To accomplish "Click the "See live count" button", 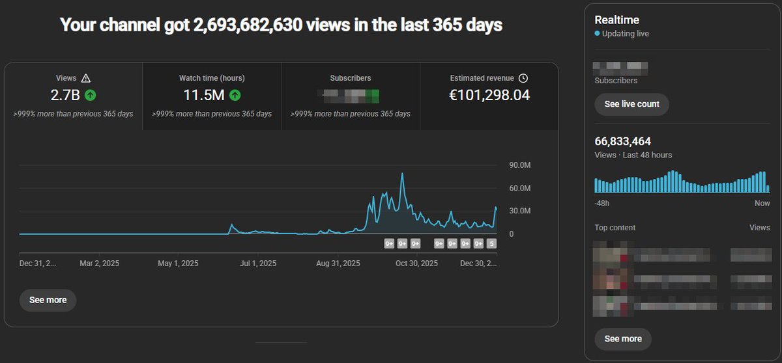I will (631, 104).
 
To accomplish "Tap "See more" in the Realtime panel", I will (622, 339).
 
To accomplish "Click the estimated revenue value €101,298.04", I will (489, 96).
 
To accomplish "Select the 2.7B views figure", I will (65, 96).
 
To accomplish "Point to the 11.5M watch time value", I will (203, 96).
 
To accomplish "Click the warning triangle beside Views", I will (86, 79).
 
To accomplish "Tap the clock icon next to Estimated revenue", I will (523, 79).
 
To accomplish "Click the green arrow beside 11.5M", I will (235, 96).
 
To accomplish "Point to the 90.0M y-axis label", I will (520, 165).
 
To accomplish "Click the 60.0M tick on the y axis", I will (520, 188).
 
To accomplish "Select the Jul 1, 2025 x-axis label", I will (259, 263).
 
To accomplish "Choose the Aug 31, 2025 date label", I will (338, 263).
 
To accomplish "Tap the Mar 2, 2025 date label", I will (99, 263).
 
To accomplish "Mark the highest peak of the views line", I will (403, 174).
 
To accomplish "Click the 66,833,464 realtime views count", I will (622, 141).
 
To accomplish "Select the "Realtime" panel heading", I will (616, 20).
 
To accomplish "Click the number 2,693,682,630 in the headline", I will (261, 25).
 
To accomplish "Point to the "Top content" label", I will (615, 228).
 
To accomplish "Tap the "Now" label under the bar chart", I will (762, 204).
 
